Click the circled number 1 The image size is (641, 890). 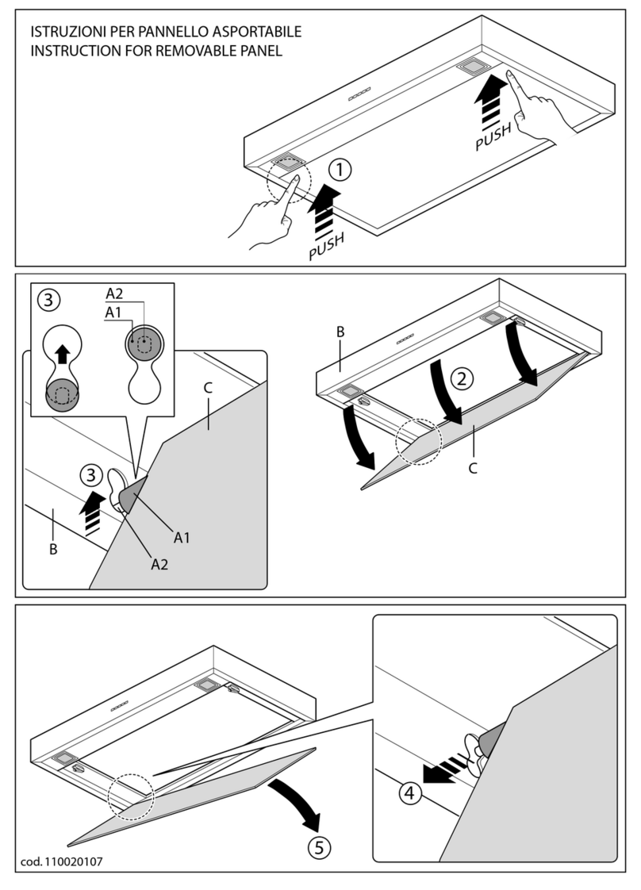pos(339,169)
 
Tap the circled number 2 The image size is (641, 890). pos(459,378)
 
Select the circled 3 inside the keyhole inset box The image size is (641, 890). pos(49,301)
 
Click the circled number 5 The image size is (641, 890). pos(318,846)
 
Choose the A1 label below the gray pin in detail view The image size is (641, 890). pos(182,538)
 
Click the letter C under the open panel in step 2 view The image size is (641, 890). pos(472,467)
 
